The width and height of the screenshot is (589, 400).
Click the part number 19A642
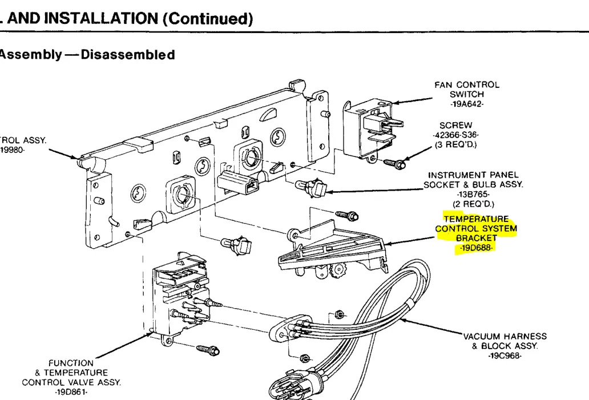pyautogui.click(x=467, y=104)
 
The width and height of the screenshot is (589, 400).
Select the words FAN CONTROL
pyautogui.click(x=467, y=85)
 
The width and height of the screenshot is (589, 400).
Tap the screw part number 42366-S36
pyautogui.click(x=455, y=135)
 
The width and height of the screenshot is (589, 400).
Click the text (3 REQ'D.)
pyautogui.click(x=455, y=144)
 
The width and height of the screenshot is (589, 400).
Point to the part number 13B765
pyautogui.click(x=473, y=195)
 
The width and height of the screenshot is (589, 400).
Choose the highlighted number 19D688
pyautogui.click(x=476, y=248)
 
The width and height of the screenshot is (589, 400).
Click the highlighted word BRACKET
pyautogui.click(x=477, y=238)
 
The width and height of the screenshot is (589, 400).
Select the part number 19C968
pyautogui.click(x=505, y=355)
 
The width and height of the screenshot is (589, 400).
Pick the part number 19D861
pyautogui.click(x=71, y=392)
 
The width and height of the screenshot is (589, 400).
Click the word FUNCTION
pyautogui.click(x=71, y=363)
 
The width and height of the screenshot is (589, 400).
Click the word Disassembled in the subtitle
pyautogui.click(x=128, y=54)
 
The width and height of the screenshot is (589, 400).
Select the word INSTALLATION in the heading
pyautogui.click(x=102, y=18)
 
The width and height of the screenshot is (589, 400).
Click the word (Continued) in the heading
pyautogui.click(x=208, y=19)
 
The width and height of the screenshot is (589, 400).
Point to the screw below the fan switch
pyautogui.click(x=394, y=164)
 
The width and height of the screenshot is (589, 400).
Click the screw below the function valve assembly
pyautogui.click(x=208, y=350)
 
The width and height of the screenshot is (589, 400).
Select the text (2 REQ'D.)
pyautogui.click(x=473, y=204)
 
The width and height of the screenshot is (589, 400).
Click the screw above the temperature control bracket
pyautogui.click(x=347, y=216)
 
